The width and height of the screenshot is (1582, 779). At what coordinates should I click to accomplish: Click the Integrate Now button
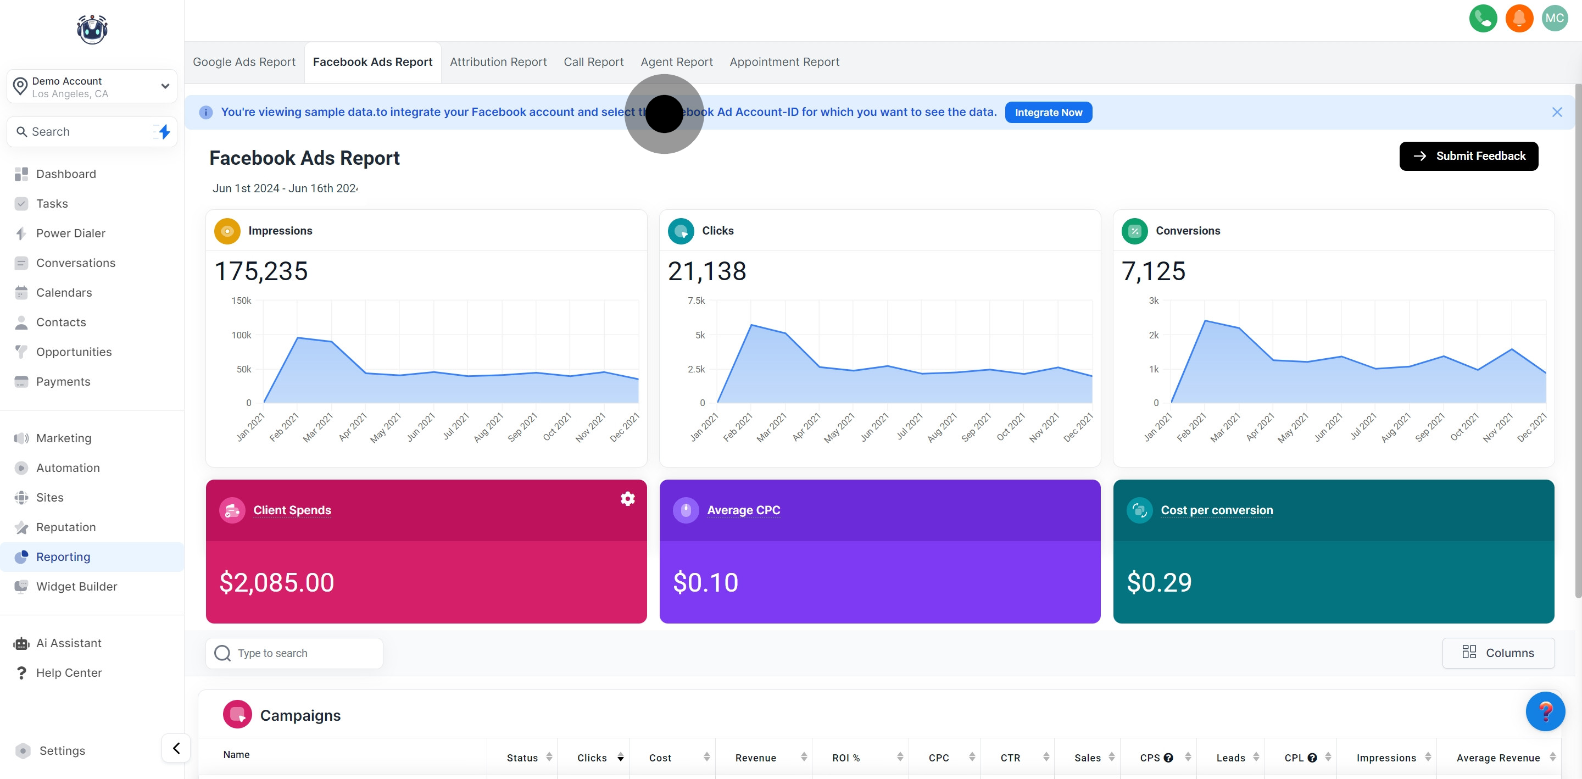[x=1048, y=113]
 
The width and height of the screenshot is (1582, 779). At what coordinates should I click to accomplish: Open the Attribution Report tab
[x=498, y=62]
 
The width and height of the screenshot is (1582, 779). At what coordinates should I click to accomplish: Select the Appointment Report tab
[x=784, y=62]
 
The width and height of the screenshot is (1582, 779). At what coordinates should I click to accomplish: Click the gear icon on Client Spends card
[x=627, y=499]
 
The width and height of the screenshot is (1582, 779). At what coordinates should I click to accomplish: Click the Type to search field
[x=295, y=653]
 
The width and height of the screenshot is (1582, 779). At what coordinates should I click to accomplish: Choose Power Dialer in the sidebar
[x=71, y=233]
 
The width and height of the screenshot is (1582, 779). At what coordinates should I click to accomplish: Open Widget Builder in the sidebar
[x=76, y=587]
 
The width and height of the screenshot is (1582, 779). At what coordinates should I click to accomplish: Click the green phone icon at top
[x=1483, y=19]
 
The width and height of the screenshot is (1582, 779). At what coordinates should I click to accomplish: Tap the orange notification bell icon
[x=1519, y=19]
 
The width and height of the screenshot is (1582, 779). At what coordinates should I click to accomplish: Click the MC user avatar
[x=1555, y=19]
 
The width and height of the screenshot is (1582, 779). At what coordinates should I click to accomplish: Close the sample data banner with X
[x=1556, y=113]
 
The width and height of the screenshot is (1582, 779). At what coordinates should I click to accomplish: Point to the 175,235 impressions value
[x=261, y=271]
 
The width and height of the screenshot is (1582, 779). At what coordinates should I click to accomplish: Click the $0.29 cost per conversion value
[x=1159, y=582]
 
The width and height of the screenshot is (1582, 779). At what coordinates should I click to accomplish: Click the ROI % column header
[x=846, y=758]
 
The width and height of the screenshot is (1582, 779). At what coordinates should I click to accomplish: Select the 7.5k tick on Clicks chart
[x=696, y=301]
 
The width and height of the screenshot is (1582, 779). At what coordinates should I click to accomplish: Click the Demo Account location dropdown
[x=92, y=87]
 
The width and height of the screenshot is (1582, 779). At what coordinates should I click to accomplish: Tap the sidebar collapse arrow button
[x=176, y=748]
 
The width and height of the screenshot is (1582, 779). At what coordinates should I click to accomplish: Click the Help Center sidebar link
[x=69, y=673]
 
